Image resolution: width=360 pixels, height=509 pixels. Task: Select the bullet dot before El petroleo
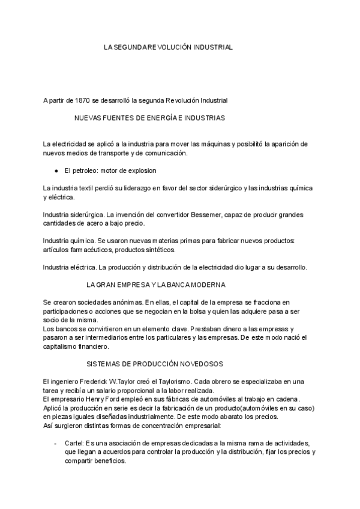(56, 170)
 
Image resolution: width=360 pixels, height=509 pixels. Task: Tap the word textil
(91, 188)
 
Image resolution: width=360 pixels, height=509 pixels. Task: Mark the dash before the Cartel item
(55, 443)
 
